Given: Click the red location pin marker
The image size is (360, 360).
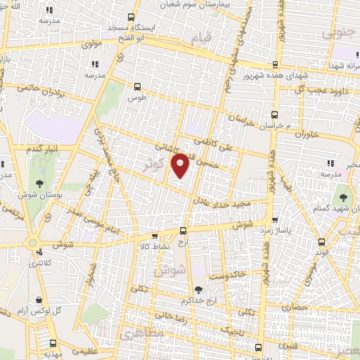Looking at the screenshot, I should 181,165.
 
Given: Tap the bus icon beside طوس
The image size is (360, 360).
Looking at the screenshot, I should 137,87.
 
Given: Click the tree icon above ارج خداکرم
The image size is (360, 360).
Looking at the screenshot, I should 198,288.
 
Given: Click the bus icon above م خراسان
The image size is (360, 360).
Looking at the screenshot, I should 274,114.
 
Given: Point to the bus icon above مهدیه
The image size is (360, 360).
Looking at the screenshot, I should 53,344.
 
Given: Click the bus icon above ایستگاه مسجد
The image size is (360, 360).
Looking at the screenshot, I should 131,18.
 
